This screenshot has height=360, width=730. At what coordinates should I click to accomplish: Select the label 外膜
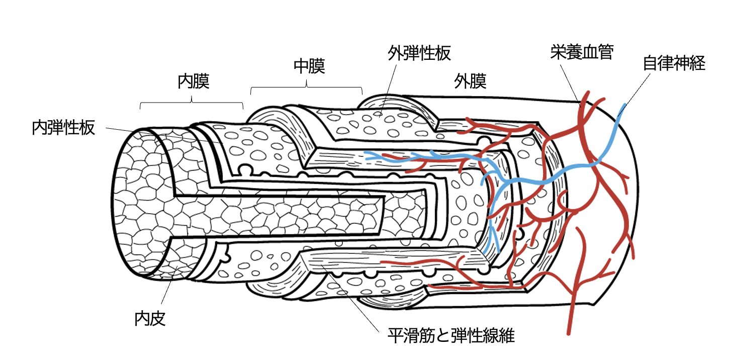tap(470, 81)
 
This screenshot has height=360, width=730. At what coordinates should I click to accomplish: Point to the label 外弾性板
tap(419, 53)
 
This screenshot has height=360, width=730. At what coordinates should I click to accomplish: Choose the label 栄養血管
tap(582, 53)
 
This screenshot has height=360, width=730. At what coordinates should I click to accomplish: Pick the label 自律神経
tap(674, 64)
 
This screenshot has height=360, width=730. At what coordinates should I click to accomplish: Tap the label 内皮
tap(150, 319)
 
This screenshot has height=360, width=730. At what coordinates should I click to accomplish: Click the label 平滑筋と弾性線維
tap(451, 336)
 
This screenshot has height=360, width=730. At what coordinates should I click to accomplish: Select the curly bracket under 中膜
tap(306, 89)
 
